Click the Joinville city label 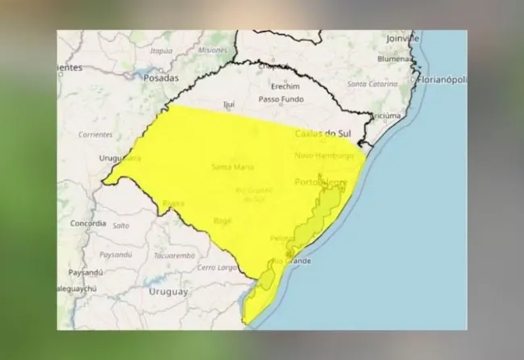(x=402, y=38)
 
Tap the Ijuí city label (x=230, y=104)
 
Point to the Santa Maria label (x=232, y=167)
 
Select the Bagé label (x=222, y=220)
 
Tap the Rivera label (x=173, y=203)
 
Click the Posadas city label (x=161, y=78)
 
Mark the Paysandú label (x=89, y=272)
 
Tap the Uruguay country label (x=168, y=291)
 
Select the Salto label (x=121, y=226)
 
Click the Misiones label (x=212, y=50)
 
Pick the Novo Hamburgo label (x=324, y=155)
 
